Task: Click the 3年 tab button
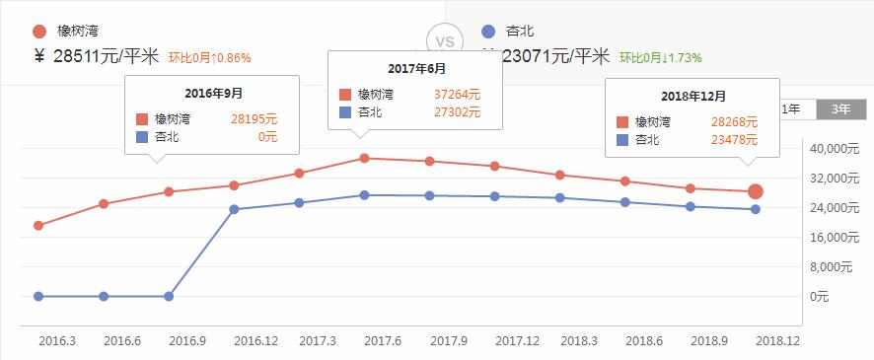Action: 841,108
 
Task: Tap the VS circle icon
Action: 445,42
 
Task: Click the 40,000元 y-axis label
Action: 835,149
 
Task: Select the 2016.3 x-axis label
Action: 56,340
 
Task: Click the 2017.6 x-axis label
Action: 383,340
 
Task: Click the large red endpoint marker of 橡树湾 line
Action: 755,191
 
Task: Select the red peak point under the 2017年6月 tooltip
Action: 364,158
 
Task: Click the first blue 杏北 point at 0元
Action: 38,296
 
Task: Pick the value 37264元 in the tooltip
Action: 457,95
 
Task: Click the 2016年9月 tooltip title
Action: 214,93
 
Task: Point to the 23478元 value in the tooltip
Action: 735,139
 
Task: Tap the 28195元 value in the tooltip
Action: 255,118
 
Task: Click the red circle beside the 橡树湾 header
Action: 39,31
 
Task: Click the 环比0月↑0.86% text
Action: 209,57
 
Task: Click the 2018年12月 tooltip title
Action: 693,97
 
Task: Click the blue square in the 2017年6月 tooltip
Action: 344,112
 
